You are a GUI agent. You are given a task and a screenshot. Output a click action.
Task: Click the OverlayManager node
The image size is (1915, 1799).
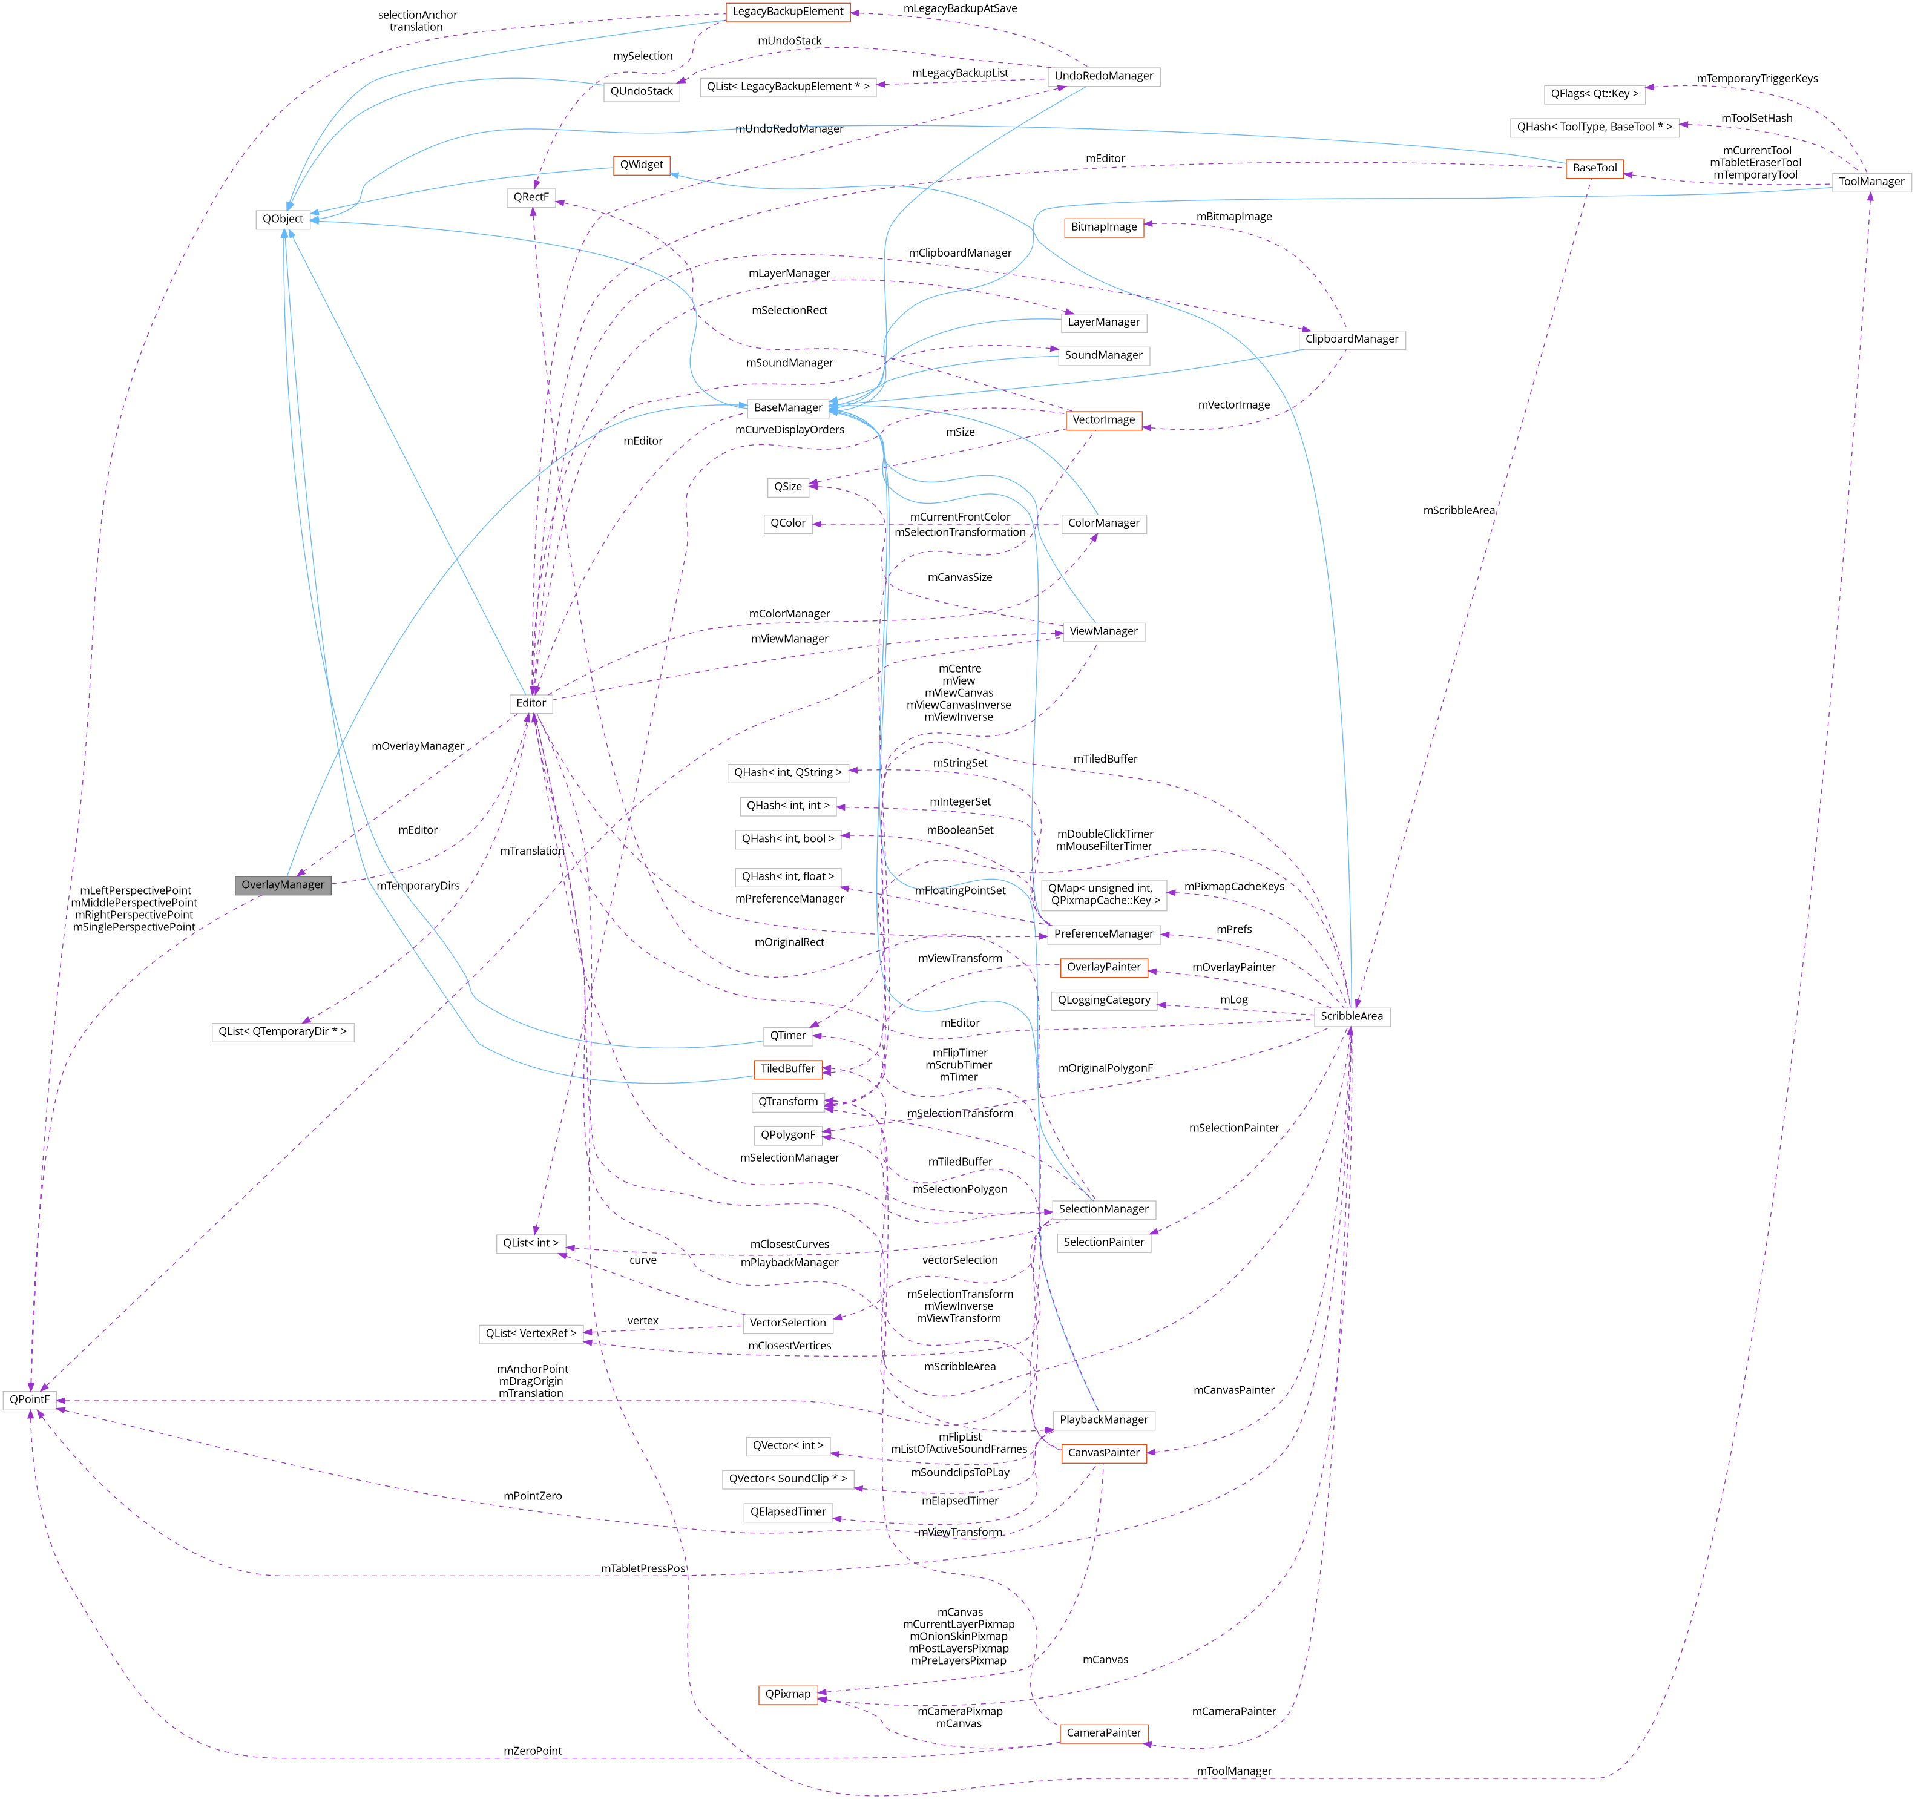click(x=282, y=884)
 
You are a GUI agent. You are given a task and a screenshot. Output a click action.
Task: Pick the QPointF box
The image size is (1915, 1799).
click(x=29, y=1399)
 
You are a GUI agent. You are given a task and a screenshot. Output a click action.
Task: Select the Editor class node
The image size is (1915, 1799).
click(x=531, y=702)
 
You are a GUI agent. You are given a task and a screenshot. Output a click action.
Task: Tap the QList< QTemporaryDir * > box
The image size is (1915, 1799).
click(x=282, y=1031)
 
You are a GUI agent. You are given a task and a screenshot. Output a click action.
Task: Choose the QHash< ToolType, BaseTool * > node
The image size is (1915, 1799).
click(x=1594, y=127)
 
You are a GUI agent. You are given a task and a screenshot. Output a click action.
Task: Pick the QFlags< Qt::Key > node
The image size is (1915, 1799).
click(x=1594, y=93)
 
